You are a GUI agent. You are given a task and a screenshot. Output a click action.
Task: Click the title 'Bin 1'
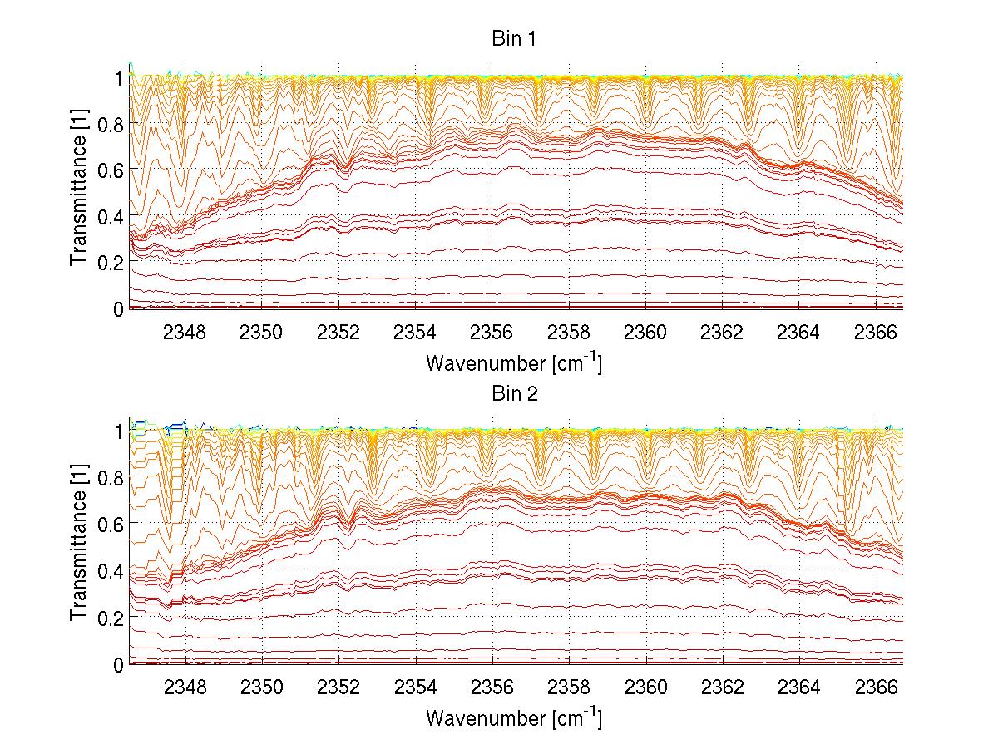(513, 39)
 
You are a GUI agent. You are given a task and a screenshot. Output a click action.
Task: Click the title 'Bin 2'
(513, 394)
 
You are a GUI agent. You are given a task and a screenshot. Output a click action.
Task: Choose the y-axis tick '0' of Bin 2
(118, 665)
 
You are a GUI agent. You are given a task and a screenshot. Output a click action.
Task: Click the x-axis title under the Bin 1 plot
(513, 363)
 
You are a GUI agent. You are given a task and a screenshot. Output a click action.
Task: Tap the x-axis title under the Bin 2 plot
(513, 717)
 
